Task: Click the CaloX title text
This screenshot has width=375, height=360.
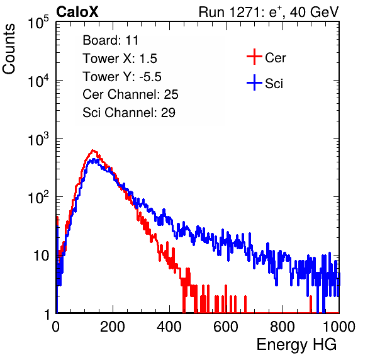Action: tap(77, 12)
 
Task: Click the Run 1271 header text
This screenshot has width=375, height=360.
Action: tap(269, 12)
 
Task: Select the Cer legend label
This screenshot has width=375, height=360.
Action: tap(275, 58)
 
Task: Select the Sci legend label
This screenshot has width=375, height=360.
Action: tap(274, 84)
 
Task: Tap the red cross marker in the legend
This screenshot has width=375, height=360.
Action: tap(254, 57)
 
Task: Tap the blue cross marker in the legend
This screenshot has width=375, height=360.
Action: tap(254, 82)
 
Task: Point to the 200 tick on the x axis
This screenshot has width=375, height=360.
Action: tap(113, 327)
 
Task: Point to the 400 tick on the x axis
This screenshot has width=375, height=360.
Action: tap(169, 327)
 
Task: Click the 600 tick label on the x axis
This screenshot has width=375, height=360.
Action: tap(226, 327)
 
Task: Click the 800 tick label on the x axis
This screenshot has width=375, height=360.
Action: tap(283, 327)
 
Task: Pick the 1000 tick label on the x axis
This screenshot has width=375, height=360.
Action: tap(339, 327)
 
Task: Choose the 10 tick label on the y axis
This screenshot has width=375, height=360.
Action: tap(41, 256)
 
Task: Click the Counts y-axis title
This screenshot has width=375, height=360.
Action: tap(9, 49)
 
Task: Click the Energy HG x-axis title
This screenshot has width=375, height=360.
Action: tap(296, 345)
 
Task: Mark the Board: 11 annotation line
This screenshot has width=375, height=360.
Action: tap(111, 40)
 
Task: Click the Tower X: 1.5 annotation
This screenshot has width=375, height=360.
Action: tap(120, 59)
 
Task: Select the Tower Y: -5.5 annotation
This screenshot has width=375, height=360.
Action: tap(122, 77)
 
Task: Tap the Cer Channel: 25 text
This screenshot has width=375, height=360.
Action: tap(130, 94)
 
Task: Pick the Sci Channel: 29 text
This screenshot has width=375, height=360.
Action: tap(129, 113)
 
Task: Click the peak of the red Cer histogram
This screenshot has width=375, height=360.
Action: tap(93, 150)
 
